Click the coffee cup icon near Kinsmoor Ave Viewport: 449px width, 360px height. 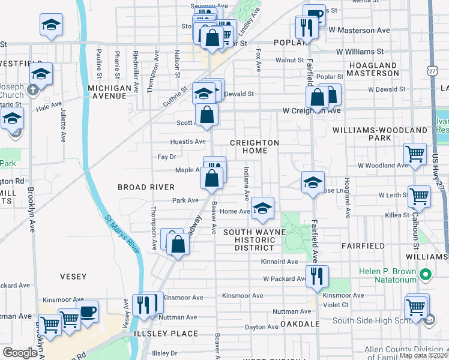(88, 311)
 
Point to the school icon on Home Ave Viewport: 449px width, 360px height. (262, 208)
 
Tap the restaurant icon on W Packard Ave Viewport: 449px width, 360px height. (317, 275)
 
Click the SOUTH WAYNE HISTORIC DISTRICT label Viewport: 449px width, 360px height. (249, 239)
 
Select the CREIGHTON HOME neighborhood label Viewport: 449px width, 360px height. (255, 146)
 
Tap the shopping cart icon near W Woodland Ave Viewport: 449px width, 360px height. (415, 154)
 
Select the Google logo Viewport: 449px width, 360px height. (20, 353)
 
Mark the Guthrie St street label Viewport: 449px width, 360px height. (176, 95)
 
